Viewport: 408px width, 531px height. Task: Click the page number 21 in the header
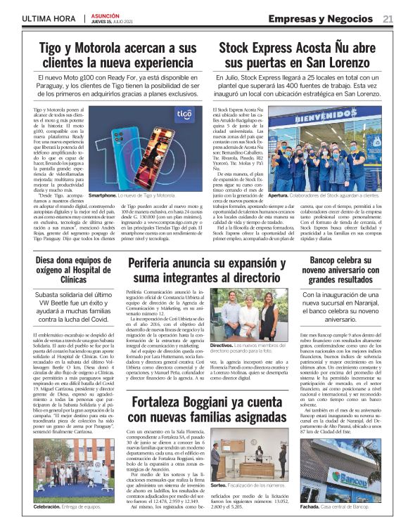tap(388, 19)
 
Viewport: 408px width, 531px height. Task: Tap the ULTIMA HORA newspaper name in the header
tap(48, 19)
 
